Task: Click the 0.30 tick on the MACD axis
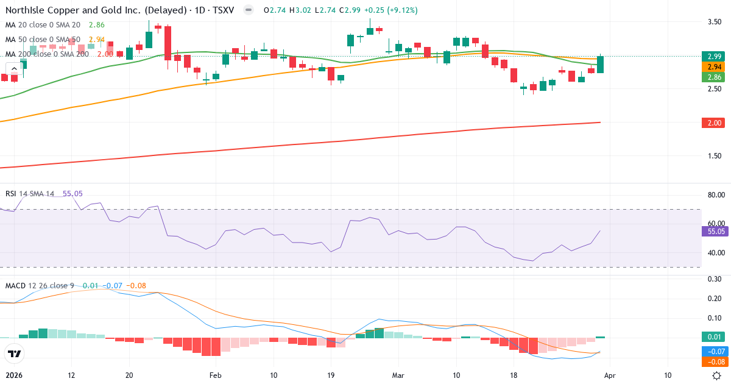coord(713,279)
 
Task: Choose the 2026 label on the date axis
coord(13,375)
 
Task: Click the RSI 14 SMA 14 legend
coord(29,194)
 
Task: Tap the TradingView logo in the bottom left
coord(14,354)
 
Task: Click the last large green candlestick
coord(601,64)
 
